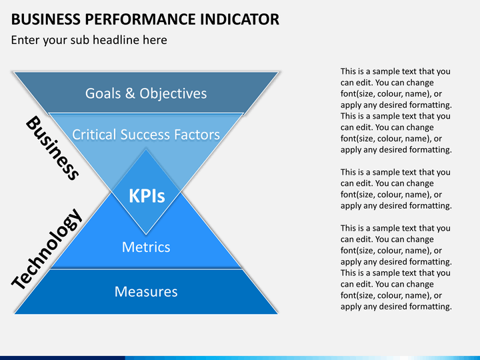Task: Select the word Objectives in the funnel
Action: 173,93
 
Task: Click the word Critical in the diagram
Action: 93,135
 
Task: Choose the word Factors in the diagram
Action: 196,135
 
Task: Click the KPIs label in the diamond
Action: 146,196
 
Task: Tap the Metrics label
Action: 146,247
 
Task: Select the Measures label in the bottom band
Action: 146,291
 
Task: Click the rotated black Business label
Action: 53,148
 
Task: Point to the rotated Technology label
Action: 47,249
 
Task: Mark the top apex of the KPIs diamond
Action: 146,148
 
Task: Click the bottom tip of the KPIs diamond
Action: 146,235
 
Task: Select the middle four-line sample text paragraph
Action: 396,189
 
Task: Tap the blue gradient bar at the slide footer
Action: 240,357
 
